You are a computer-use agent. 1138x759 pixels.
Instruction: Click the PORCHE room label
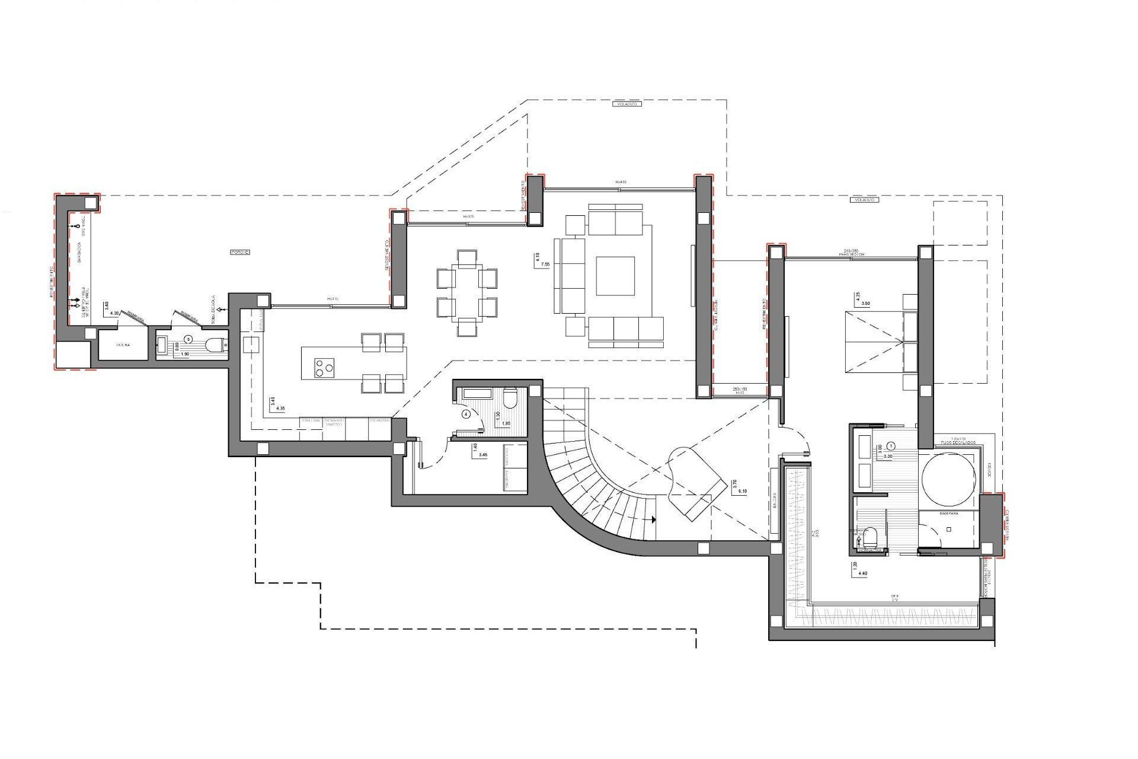pos(239,253)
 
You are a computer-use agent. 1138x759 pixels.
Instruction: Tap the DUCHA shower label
pos(123,345)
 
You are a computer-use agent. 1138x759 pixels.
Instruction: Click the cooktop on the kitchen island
pos(323,368)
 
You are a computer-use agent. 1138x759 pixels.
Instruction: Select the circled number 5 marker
pos(188,339)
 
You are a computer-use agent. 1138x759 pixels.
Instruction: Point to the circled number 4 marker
pos(466,414)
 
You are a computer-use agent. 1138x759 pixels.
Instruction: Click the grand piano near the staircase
pos(696,483)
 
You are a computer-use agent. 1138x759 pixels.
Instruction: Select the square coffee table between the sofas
pos(615,276)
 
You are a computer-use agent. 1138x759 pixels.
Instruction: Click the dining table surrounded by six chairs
pos(467,293)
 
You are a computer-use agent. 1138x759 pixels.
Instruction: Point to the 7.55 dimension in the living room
pos(538,264)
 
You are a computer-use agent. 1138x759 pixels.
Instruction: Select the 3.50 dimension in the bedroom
pos(866,303)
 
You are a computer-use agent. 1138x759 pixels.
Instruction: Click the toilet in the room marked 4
pos(510,397)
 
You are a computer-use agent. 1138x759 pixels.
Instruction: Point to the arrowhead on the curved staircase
pos(653,519)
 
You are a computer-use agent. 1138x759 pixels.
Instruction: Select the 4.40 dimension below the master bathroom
pos(863,573)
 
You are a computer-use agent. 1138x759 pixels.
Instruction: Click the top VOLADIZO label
pos(626,104)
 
